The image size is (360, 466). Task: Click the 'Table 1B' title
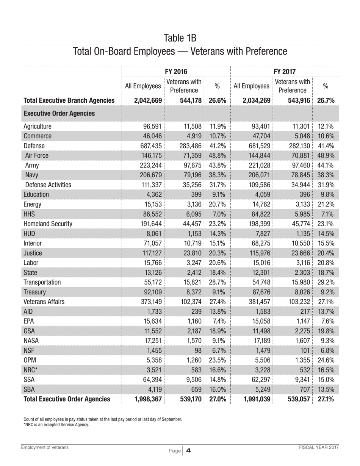tap(180, 38)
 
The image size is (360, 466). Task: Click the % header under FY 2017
tap(325, 87)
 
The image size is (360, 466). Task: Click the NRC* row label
tap(32, 369)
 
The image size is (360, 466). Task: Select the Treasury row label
tap(35, 292)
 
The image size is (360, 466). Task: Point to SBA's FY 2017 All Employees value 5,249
tap(262, 389)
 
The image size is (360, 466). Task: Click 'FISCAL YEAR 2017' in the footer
tap(318, 447)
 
